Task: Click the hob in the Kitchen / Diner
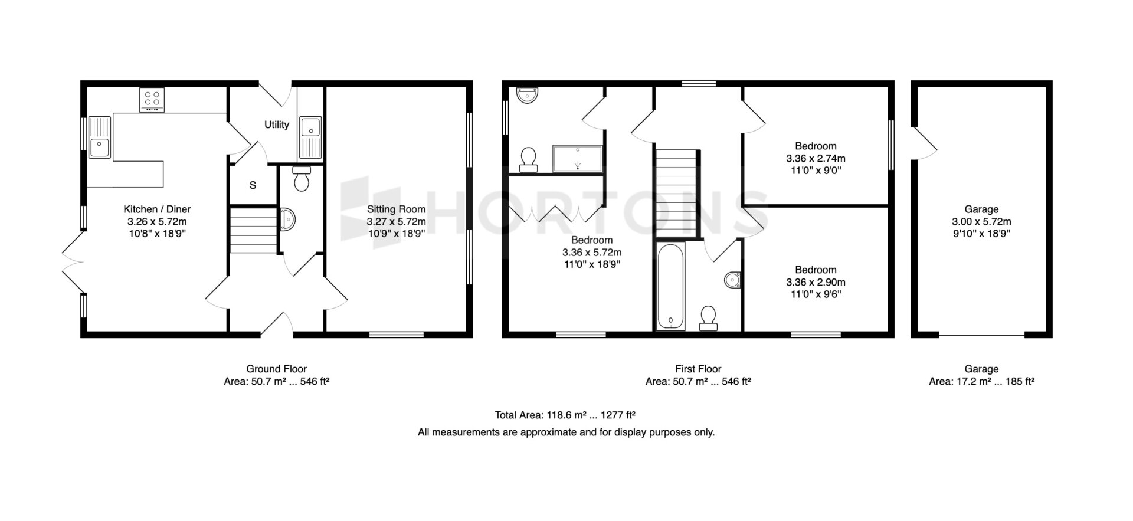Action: (152, 100)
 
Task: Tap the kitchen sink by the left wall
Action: (100, 137)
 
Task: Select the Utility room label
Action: (277, 124)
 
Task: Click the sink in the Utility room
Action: (310, 137)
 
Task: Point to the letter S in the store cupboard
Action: (253, 185)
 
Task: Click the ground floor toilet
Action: (302, 179)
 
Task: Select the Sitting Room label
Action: (396, 209)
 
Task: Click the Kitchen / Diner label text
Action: (157, 209)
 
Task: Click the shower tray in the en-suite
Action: (578, 158)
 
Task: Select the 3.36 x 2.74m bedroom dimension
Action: (816, 159)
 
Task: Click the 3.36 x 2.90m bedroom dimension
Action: (816, 283)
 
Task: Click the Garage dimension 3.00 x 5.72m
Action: (981, 222)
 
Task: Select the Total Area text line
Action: (565, 415)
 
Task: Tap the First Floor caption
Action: (698, 369)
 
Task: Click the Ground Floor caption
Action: (276, 369)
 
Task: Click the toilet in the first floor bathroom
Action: (708, 318)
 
